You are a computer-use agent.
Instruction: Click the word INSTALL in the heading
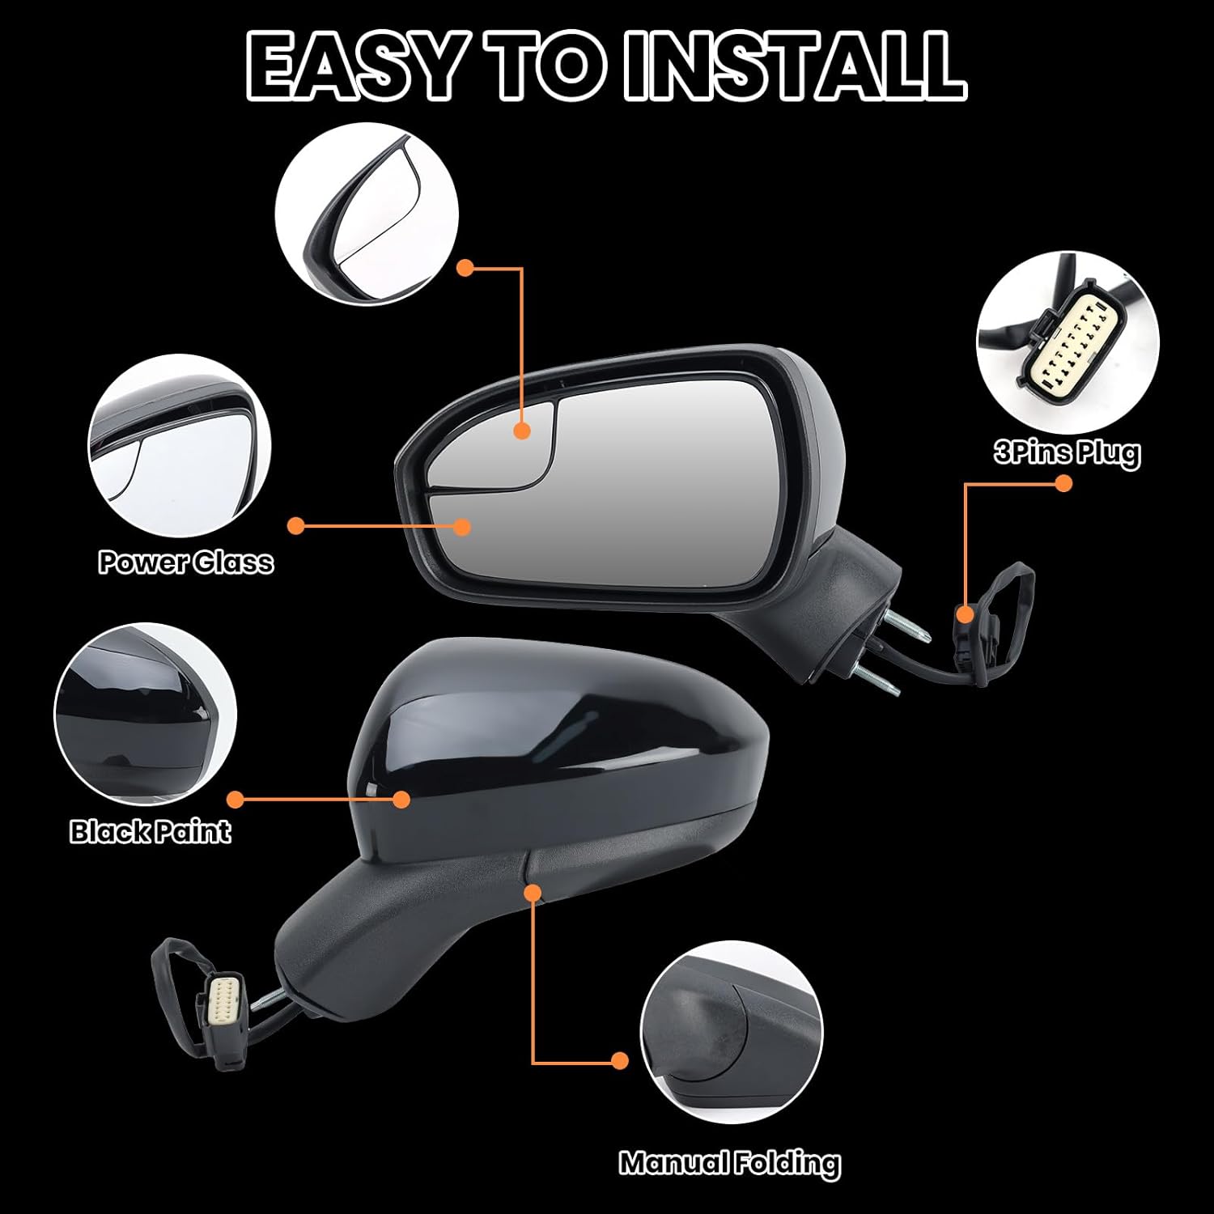tap(796, 66)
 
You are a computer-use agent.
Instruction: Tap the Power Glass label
tap(185, 562)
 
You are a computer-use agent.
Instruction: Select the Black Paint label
tap(150, 831)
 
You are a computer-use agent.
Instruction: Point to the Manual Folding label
tap(730, 1163)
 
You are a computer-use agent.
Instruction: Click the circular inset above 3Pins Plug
tap(1068, 340)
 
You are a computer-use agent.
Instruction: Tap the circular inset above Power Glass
tap(179, 447)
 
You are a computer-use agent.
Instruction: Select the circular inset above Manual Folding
tap(731, 1033)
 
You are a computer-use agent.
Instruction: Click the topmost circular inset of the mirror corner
tap(367, 214)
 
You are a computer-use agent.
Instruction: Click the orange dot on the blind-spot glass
tap(522, 431)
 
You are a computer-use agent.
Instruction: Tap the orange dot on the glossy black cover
tap(401, 800)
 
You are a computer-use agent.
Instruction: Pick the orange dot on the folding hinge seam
tap(533, 892)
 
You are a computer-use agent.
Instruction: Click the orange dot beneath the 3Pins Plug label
tap(1063, 483)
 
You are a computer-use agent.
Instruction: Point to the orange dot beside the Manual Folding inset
tap(620, 1060)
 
